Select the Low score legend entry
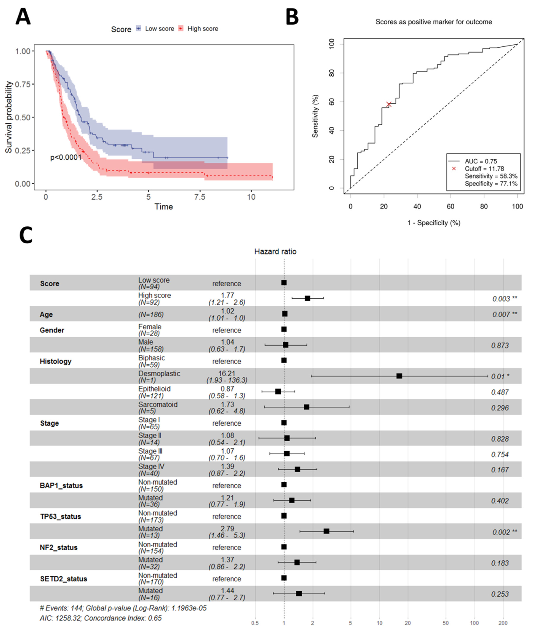(159, 29)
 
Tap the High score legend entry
(202, 29)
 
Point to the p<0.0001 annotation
(66, 158)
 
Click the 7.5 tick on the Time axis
(200, 197)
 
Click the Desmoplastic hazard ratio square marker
(399, 376)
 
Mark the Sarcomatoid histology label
(158, 405)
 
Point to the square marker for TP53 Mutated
(326, 531)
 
